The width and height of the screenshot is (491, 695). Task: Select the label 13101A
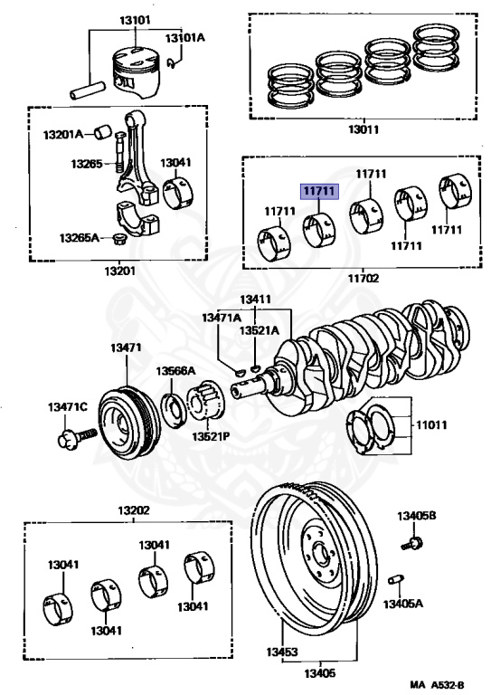tap(185, 37)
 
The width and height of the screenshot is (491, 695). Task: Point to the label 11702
tap(362, 279)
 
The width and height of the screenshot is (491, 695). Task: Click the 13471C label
tap(67, 408)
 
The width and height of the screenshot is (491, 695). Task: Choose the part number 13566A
tap(172, 371)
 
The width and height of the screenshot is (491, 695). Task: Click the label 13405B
tap(417, 516)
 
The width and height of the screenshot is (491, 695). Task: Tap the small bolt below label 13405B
tap(412, 543)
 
